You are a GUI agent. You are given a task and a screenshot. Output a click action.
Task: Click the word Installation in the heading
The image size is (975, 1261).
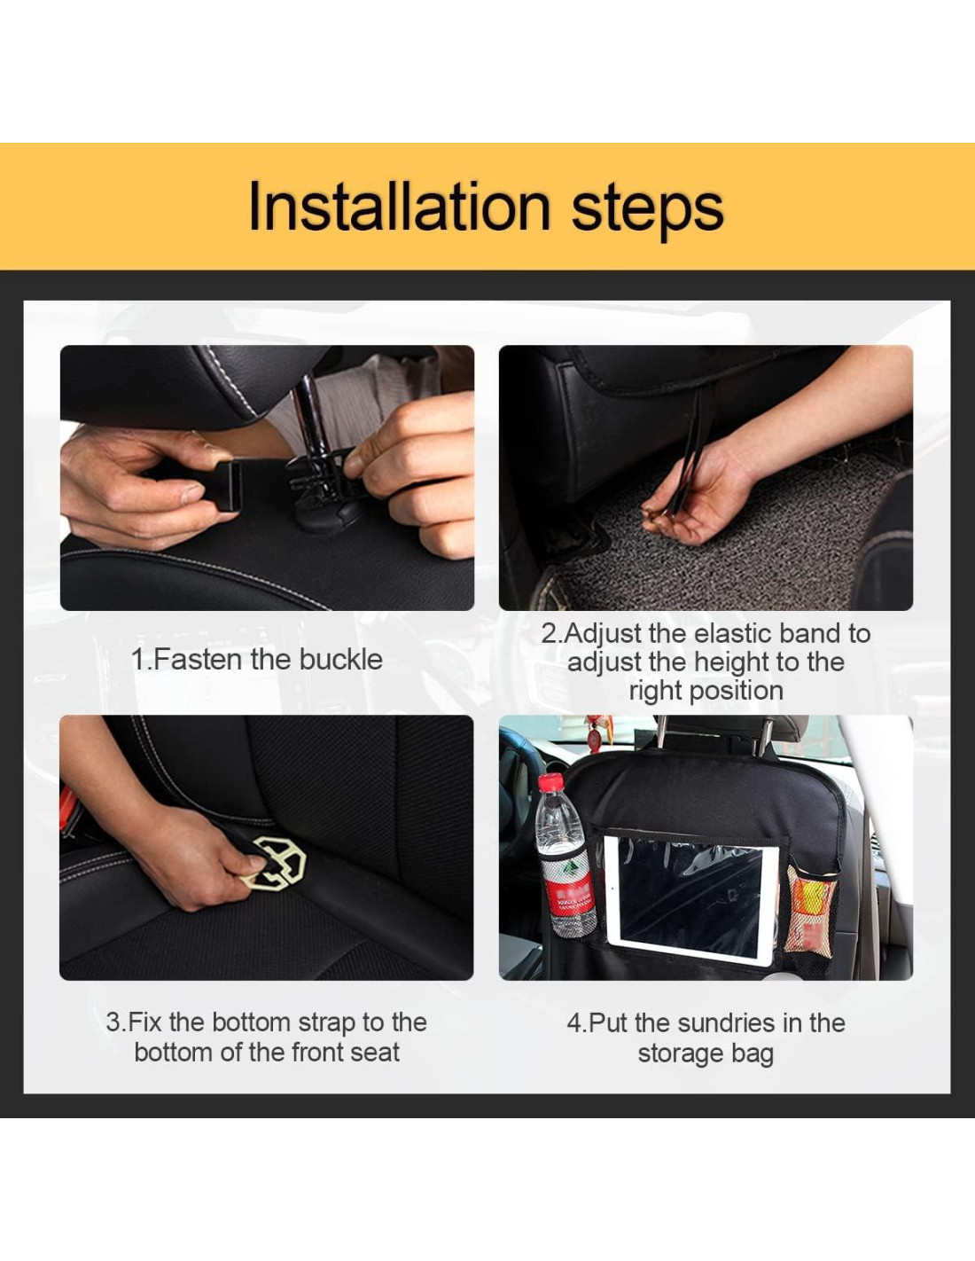click(399, 207)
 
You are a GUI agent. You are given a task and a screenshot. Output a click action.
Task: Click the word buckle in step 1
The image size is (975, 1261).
click(340, 660)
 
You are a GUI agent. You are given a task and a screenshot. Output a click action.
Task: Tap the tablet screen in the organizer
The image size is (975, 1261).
click(690, 899)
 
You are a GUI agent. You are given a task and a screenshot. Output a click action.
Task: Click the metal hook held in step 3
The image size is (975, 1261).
click(275, 863)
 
